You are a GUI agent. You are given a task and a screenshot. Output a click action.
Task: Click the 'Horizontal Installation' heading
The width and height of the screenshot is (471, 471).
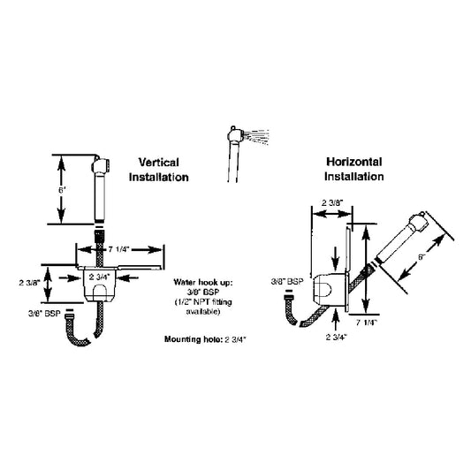(x=353, y=170)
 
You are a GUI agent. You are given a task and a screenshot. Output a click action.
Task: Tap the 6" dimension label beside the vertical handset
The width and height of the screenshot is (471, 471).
(x=61, y=189)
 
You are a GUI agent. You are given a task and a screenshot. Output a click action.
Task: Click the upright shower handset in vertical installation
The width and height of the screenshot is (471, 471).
(x=100, y=189)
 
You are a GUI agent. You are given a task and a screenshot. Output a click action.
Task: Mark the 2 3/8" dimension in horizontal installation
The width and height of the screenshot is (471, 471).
(x=332, y=201)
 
